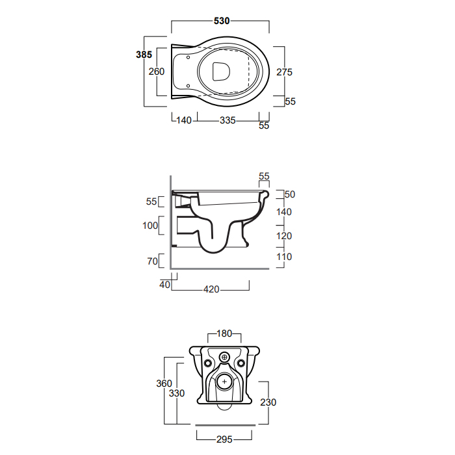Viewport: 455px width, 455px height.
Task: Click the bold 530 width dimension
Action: point(222,21)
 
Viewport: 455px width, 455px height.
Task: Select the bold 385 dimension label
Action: point(144,55)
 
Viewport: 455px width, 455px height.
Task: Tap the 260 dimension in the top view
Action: point(157,71)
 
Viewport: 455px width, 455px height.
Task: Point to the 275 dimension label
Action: point(285,72)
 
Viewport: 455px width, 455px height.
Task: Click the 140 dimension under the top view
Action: point(184,120)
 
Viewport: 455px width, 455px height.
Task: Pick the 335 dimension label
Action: point(227,120)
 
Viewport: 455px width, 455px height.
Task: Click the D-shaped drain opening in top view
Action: point(221,71)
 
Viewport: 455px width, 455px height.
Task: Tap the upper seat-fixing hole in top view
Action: point(188,57)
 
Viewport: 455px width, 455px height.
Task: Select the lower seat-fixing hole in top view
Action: point(188,86)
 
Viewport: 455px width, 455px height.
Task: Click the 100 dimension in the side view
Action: point(150,226)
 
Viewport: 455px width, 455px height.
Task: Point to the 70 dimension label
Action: point(152,261)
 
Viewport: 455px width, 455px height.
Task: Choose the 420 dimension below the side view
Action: point(211,289)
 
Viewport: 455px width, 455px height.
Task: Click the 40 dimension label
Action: point(164,285)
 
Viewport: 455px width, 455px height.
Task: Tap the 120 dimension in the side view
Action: point(284,236)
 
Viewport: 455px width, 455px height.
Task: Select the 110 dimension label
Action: point(284,257)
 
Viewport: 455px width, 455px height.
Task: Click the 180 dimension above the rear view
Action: point(224,333)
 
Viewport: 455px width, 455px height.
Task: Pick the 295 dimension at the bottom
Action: point(224,439)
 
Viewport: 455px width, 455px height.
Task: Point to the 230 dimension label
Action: point(268,402)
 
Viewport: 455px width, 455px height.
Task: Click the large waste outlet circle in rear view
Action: point(224,382)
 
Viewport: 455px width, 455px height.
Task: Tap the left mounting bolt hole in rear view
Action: point(208,363)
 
